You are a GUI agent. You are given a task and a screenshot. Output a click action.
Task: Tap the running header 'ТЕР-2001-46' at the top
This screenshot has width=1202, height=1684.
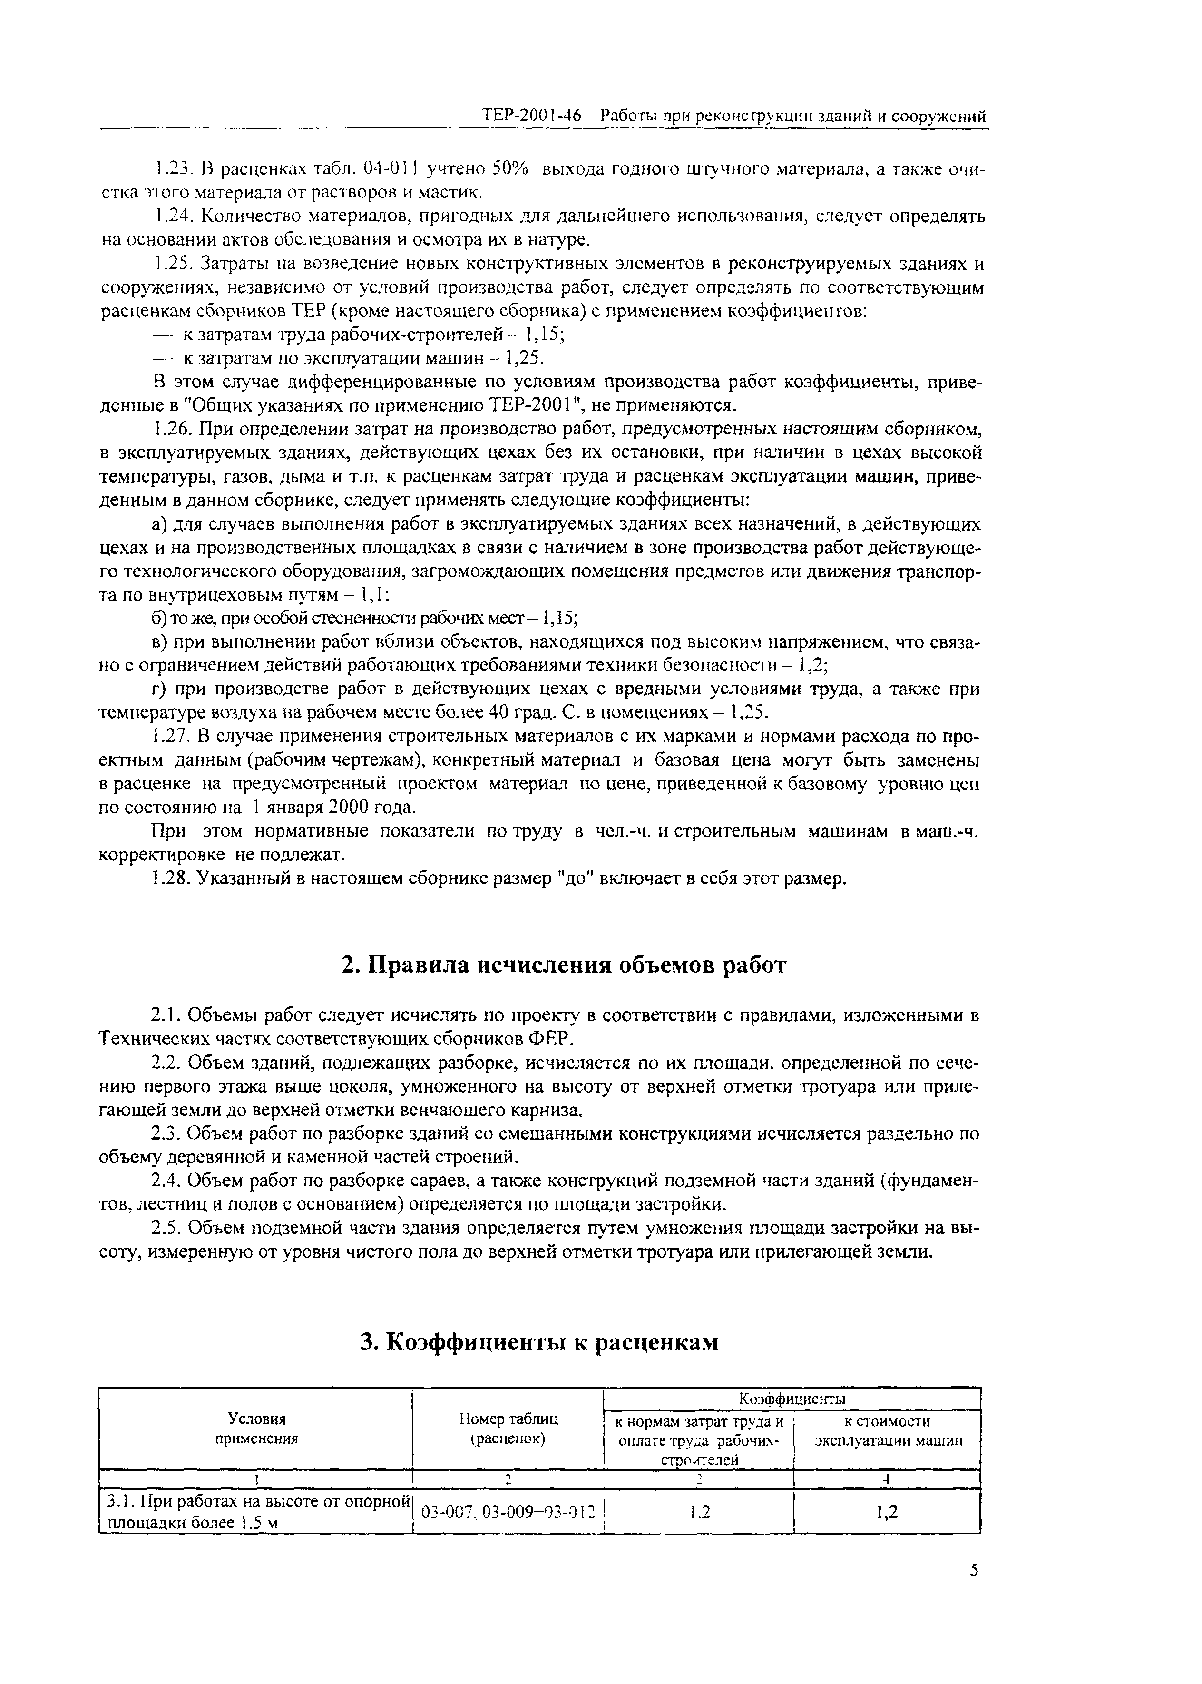[531, 116]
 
